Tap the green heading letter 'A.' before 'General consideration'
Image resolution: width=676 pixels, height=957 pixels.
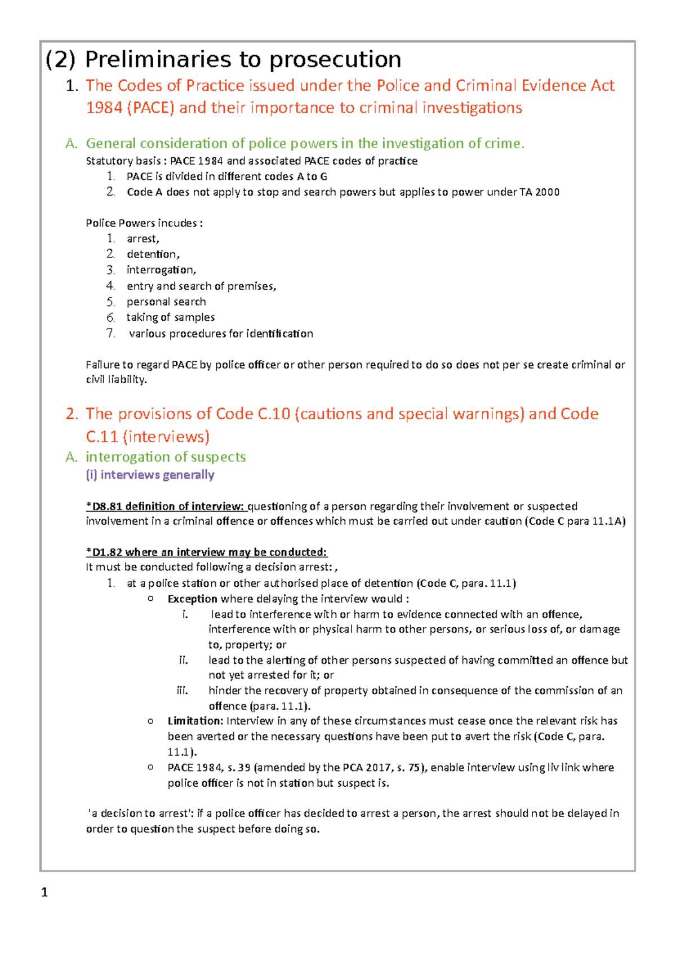[71, 144]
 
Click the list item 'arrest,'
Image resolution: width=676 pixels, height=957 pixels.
[143, 239]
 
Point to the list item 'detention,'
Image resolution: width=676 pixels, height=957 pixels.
[153, 255]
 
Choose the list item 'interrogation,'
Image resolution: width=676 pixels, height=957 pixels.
[161, 270]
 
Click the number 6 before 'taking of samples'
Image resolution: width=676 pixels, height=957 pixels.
[110, 317]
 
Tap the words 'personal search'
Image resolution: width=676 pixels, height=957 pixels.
[166, 302]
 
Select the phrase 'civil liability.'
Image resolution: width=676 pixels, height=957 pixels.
[116, 380]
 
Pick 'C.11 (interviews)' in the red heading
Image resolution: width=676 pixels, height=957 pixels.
[148, 437]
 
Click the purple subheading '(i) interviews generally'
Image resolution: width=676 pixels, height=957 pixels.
[150, 475]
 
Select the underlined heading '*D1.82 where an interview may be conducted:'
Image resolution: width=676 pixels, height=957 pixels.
[206, 552]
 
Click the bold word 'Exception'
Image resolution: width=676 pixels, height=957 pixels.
[192, 599]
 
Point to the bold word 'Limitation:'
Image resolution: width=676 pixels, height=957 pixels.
[195, 721]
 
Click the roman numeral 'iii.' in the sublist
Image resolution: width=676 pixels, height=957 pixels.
[182, 691]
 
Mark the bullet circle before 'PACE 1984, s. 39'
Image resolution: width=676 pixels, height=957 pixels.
[150, 767]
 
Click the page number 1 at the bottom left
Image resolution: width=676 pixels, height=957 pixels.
[45, 893]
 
